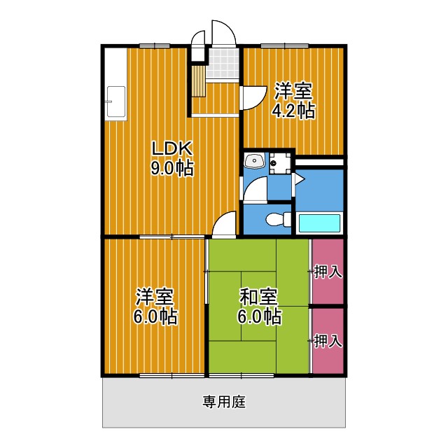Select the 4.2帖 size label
click(x=293, y=111)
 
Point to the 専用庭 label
click(x=224, y=402)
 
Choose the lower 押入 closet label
click(x=328, y=342)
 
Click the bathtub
click(x=320, y=223)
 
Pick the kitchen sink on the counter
click(x=114, y=103)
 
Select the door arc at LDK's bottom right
click(x=225, y=224)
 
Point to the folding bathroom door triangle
click(x=297, y=181)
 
